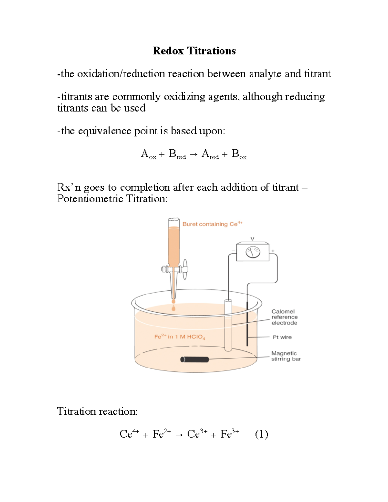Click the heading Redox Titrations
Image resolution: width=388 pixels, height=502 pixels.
pos(194,51)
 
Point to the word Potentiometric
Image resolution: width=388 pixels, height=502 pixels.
pos(90,198)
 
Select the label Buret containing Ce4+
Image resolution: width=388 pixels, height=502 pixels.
pos(212,224)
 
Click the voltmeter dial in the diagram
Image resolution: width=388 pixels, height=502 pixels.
pos(253,252)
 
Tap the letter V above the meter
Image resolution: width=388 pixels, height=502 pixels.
pos(253,239)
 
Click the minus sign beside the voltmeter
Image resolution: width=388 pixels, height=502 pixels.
pos(233,251)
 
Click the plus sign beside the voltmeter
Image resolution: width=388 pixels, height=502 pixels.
pos(273,251)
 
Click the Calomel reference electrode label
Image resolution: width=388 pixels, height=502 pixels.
pos(284,317)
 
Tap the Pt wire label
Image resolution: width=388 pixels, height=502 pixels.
pos(282,337)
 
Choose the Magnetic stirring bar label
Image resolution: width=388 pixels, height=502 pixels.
pos(286,356)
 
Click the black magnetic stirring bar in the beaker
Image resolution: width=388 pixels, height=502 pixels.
pos(195,359)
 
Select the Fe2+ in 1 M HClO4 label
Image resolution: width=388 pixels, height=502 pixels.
pos(179,337)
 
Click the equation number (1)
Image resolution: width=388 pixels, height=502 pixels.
pos(262,434)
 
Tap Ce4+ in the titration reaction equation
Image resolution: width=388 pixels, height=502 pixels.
pos(129,434)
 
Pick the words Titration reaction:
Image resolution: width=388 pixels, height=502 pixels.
pos(97,411)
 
